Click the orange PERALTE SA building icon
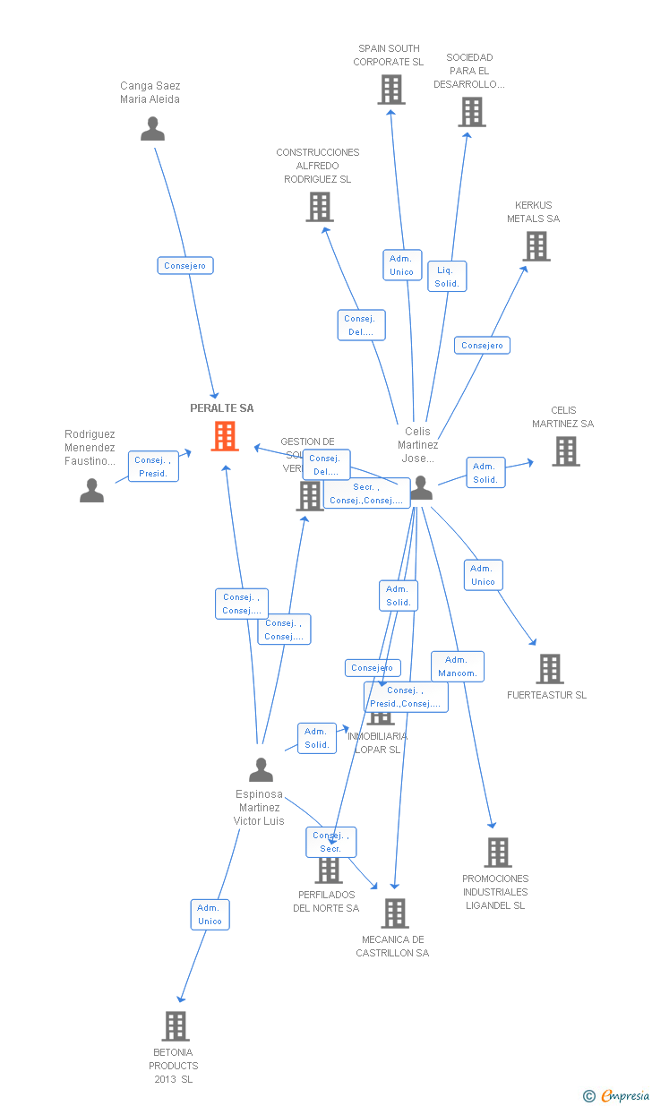(x=224, y=436)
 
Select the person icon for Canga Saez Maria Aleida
(x=152, y=129)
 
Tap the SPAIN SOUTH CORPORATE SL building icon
(x=390, y=90)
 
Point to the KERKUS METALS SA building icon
(x=536, y=246)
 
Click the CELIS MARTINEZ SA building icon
(x=565, y=451)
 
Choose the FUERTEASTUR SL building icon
(x=549, y=669)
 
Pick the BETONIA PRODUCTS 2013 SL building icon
(x=176, y=1026)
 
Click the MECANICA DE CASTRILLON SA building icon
(x=394, y=913)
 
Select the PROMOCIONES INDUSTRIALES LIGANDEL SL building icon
(x=498, y=853)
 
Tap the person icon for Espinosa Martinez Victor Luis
(x=261, y=769)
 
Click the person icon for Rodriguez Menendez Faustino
(x=91, y=490)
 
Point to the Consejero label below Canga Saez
(x=185, y=266)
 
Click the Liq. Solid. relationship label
(x=447, y=277)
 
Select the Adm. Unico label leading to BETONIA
(x=210, y=914)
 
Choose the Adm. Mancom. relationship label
(x=457, y=666)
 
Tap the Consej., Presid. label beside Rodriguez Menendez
(x=153, y=467)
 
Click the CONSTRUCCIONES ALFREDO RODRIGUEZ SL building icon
(x=319, y=207)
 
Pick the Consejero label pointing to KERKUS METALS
(x=482, y=346)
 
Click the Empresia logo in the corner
(x=617, y=1095)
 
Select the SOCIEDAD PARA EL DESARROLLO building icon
(x=471, y=112)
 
